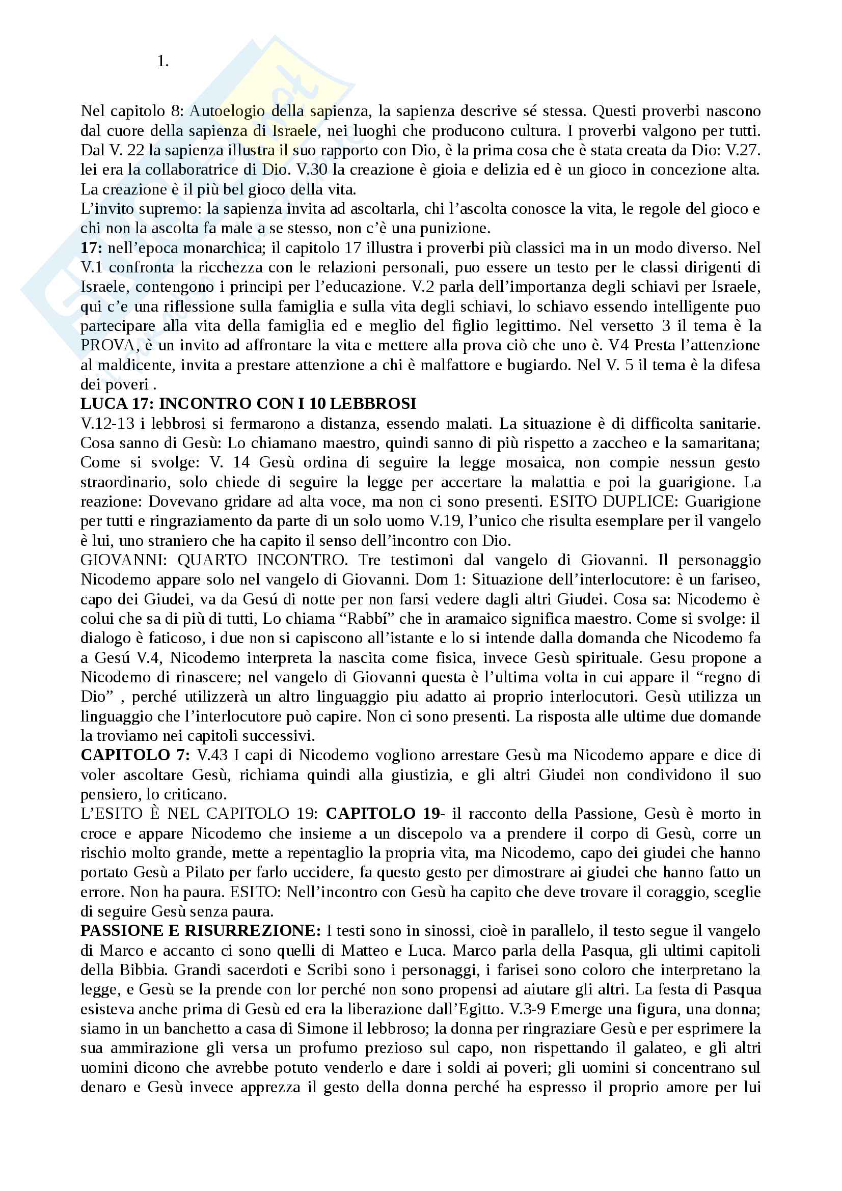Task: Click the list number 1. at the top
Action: click(162, 62)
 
